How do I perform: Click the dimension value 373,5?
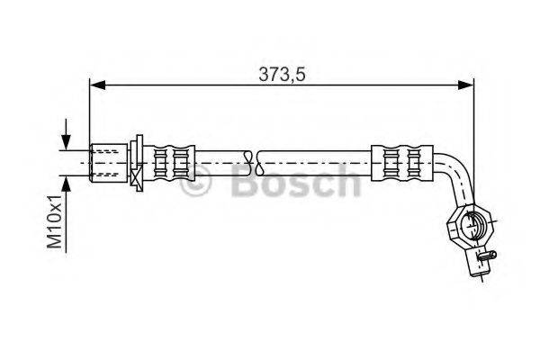pos(281,74)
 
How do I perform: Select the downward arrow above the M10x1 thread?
pos(65,144)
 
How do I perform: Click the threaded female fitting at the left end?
pos(110,162)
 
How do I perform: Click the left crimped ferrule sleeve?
pos(173,163)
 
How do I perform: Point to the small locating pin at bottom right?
pos(485,256)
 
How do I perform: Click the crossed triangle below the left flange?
pos(137,180)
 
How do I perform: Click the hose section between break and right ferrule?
pos(315,163)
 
